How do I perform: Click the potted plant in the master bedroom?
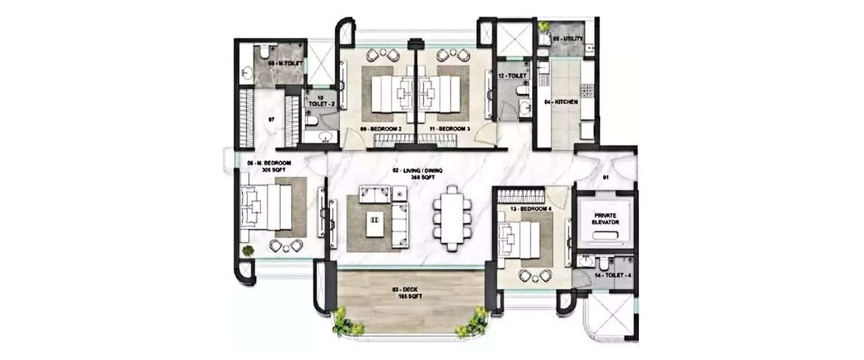(x=248, y=251)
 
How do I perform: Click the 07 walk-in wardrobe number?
(x=271, y=119)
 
